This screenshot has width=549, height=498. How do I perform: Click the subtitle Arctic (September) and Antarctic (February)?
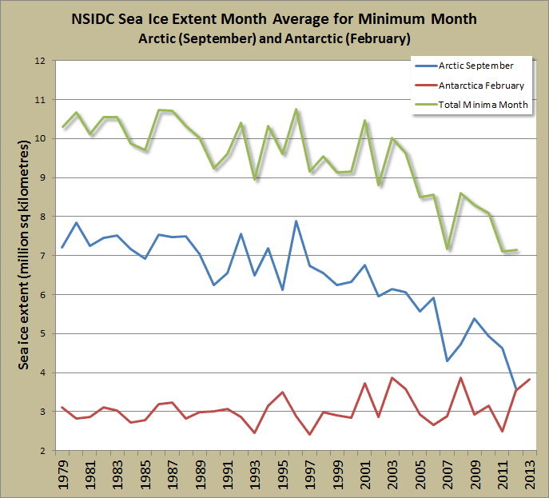pos(274,38)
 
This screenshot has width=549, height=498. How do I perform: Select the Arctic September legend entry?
pos(475,66)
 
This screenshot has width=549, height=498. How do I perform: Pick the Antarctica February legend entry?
pos(481,85)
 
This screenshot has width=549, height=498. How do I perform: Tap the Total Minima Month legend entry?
pos(483,105)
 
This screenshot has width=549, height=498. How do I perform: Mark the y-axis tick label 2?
pos(41,451)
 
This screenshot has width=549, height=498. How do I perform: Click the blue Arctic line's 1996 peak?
pos(296,221)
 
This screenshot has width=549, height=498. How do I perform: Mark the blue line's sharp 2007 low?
pos(447,361)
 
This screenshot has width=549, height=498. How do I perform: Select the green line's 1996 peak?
pos(296,110)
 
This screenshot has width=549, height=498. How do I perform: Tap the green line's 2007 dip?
pos(447,249)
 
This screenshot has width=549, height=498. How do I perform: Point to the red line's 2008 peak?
pos(460,377)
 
